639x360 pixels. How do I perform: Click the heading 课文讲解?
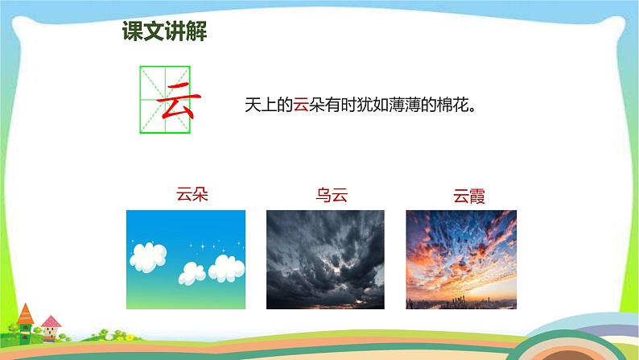(164, 31)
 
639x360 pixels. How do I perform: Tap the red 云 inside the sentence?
(300, 105)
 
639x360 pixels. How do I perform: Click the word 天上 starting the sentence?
(260, 105)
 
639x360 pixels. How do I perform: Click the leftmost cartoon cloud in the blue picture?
(146, 258)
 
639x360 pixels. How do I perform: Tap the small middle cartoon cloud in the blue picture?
(192, 272)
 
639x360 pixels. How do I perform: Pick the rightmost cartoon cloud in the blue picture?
(226, 266)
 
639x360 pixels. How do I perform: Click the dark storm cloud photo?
(325, 259)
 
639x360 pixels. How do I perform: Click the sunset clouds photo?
(460, 250)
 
